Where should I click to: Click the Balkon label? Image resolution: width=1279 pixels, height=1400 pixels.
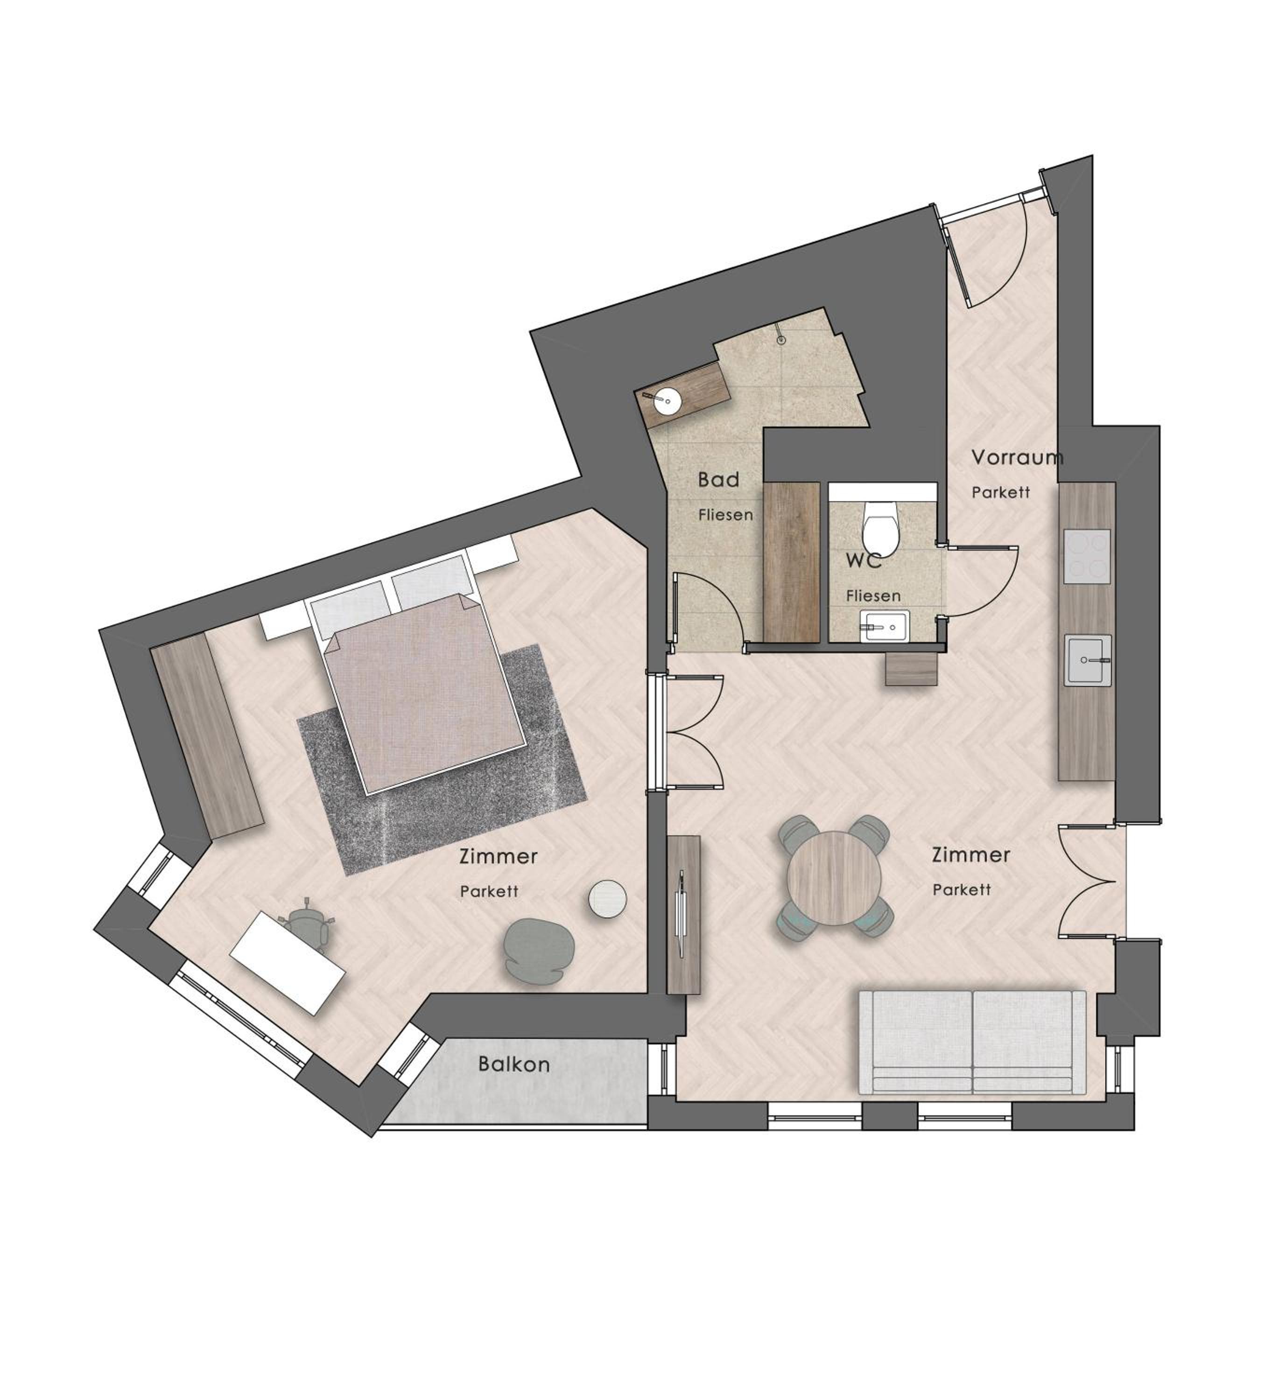point(514,1083)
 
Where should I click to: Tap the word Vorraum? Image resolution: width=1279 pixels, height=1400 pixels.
point(1017,458)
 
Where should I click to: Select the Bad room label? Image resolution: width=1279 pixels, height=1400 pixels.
point(718,479)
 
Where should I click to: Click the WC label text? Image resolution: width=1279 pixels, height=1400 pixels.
point(864,560)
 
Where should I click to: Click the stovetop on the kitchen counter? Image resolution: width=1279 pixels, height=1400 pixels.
point(1087,556)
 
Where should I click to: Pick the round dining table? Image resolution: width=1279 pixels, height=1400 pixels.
point(834,878)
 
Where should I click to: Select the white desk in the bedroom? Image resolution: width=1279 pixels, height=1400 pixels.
point(288,962)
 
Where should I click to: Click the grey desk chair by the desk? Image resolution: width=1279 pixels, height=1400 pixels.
point(309,929)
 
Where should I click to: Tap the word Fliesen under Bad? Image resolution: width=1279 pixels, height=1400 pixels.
point(725,515)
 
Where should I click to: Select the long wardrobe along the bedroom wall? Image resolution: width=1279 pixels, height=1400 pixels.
point(207,736)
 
